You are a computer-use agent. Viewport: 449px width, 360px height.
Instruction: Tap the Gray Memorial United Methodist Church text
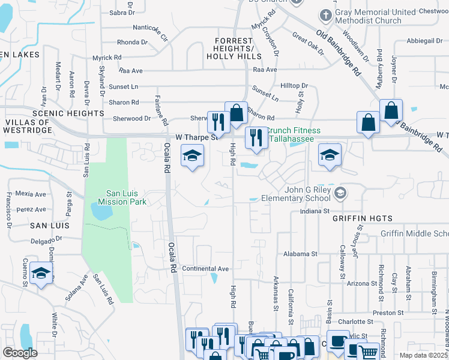376,17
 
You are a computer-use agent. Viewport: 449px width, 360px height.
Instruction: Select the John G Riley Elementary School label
308,194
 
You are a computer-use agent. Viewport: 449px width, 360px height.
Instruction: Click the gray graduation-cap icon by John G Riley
340,193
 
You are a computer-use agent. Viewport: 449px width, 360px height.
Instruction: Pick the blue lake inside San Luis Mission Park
98,211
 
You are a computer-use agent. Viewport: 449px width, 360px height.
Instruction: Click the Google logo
20,353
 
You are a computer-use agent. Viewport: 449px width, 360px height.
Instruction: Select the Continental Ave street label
206,268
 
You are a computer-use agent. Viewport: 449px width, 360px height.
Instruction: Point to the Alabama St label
300,254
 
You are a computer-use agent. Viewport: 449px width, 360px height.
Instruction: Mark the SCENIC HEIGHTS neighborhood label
68,113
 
